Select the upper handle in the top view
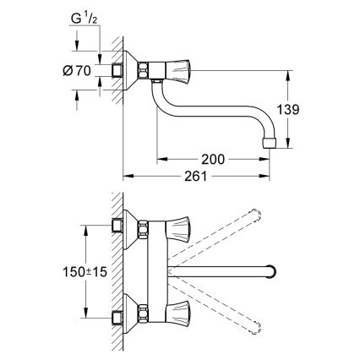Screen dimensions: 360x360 179,227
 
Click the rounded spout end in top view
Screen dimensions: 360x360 271,272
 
